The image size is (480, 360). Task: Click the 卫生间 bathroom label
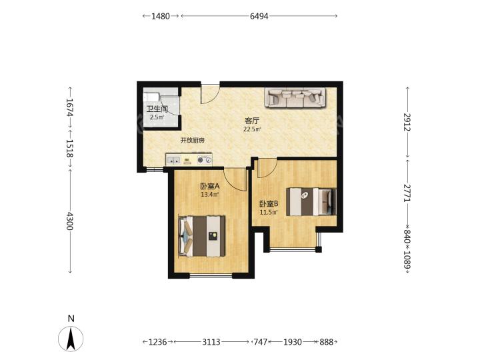(157, 109)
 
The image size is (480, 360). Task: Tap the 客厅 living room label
(251, 121)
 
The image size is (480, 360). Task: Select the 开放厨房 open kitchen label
(193, 141)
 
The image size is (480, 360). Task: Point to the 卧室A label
(210, 186)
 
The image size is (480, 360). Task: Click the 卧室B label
(269, 204)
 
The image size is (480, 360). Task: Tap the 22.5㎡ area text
(252, 129)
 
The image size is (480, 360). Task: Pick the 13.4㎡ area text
(210, 195)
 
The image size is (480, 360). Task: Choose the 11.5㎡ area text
(269, 212)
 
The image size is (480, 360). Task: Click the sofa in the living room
(295, 97)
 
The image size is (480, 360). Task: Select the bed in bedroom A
(202, 236)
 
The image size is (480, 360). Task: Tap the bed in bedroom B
(311, 202)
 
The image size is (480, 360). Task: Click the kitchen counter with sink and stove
(189, 160)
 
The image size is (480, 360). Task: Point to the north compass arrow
(71, 339)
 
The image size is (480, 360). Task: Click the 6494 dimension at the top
(259, 16)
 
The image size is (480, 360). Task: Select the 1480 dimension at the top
(161, 16)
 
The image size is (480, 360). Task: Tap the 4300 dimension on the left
(70, 221)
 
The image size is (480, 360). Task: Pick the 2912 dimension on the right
(407, 122)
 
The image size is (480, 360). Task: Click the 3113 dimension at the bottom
(211, 341)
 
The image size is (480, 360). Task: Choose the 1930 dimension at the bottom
(293, 341)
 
